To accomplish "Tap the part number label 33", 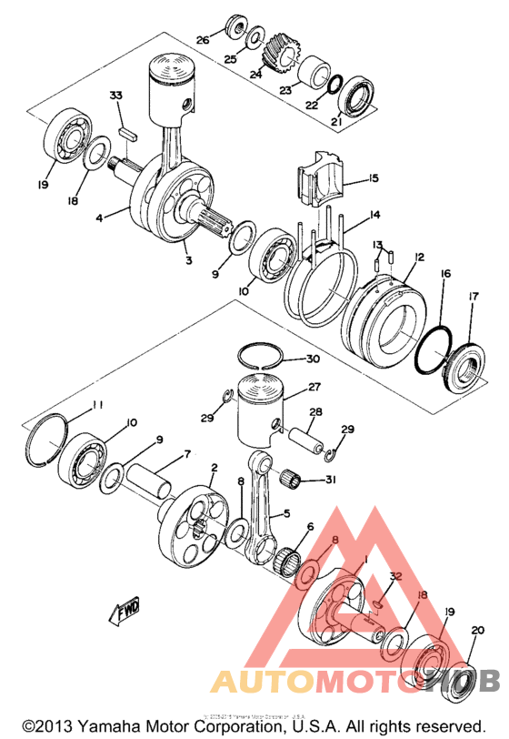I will point(115,96).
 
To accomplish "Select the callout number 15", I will point(373,178).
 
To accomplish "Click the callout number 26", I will point(203,40).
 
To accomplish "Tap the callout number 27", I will point(314,387).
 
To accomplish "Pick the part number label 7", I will point(187,453).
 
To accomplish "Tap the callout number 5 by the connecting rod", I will point(286,513).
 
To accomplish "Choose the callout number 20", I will point(479,630).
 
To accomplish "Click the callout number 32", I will point(394,577).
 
